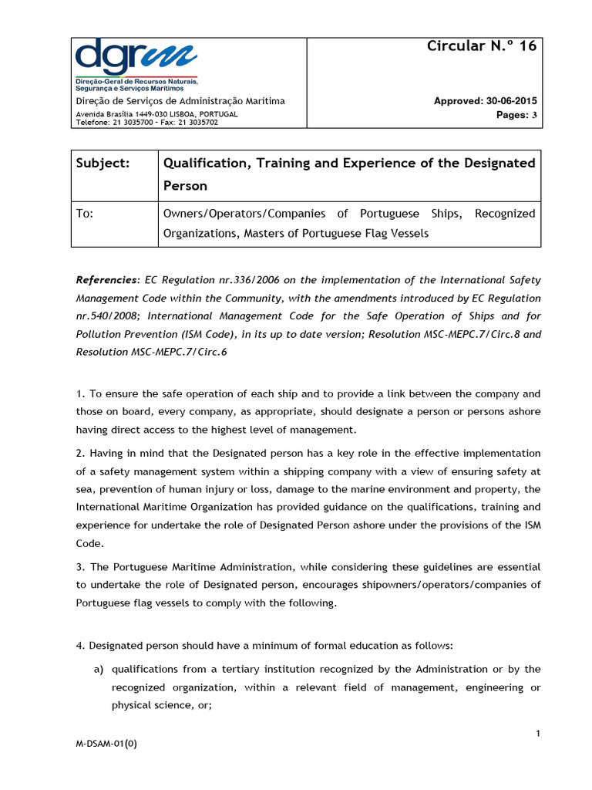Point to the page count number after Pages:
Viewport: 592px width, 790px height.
pyautogui.click(x=534, y=114)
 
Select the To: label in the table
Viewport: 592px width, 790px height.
pyautogui.click(x=85, y=214)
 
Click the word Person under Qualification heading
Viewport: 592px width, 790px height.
pyautogui.click(x=185, y=187)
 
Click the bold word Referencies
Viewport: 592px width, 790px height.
pyautogui.click(x=107, y=280)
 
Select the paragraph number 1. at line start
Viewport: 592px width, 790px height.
pyautogui.click(x=80, y=393)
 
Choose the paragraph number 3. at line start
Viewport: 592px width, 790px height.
pyautogui.click(x=80, y=567)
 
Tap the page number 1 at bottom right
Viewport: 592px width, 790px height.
pyautogui.click(x=536, y=733)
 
